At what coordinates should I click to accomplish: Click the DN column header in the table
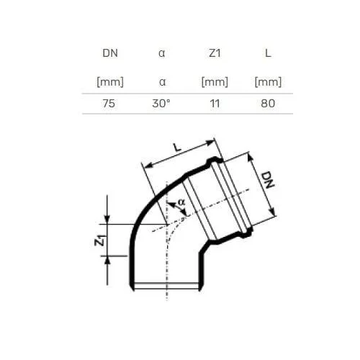110,53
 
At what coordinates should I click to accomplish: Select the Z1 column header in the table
215,53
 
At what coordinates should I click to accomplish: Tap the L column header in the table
268,53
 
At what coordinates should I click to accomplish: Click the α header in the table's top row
162,53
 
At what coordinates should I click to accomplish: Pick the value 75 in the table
109,104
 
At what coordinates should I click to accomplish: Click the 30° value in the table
161,104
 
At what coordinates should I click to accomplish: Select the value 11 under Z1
215,104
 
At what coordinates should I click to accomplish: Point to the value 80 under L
268,104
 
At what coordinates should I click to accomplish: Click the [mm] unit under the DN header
110,82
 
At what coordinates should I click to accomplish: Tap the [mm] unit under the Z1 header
215,82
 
